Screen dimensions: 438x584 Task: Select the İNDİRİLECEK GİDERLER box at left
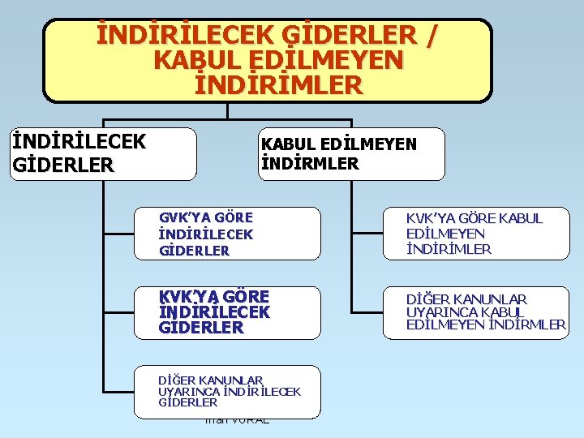[102, 153]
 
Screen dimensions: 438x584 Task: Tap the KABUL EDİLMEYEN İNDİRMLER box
[350, 153]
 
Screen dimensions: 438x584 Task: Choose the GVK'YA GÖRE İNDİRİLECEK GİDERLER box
[239, 234]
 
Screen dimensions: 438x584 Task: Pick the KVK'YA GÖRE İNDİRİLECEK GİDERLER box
[239, 312]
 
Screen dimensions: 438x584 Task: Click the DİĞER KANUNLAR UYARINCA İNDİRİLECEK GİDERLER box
[239, 391]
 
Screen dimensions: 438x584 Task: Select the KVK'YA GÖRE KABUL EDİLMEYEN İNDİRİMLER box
[474, 234]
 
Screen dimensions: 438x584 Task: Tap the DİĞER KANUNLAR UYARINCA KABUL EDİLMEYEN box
[474, 312]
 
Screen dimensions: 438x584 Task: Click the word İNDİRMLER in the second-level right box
[309, 163]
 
